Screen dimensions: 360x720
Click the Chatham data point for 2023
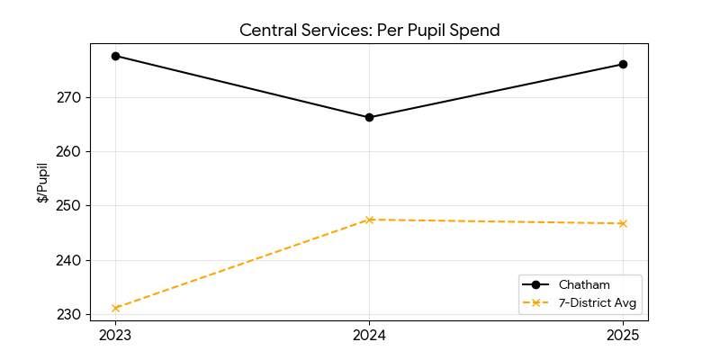click(115, 56)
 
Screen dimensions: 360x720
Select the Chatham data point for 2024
click(369, 117)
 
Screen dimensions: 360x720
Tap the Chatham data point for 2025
click(623, 64)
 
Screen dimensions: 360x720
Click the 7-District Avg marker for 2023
click(115, 308)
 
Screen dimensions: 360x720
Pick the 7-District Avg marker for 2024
click(369, 220)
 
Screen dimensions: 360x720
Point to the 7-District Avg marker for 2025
click(623, 223)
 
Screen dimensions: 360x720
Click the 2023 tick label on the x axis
click(115, 336)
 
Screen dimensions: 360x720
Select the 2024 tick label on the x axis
click(369, 336)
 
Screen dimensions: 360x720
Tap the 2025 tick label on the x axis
click(623, 336)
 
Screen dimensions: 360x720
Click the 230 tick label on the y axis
click(71, 315)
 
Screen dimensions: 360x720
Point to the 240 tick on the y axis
click(71, 260)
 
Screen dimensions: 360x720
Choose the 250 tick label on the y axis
click(71, 206)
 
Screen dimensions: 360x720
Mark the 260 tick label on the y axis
click(71, 151)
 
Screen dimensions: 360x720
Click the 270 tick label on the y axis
click(71, 97)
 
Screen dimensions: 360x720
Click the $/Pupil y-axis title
click(42, 183)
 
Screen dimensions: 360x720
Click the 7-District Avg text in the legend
click(598, 302)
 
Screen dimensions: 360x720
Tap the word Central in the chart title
click(266, 31)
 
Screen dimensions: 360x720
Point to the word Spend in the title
click(475, 31)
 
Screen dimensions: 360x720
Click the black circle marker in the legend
click(535, 284)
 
